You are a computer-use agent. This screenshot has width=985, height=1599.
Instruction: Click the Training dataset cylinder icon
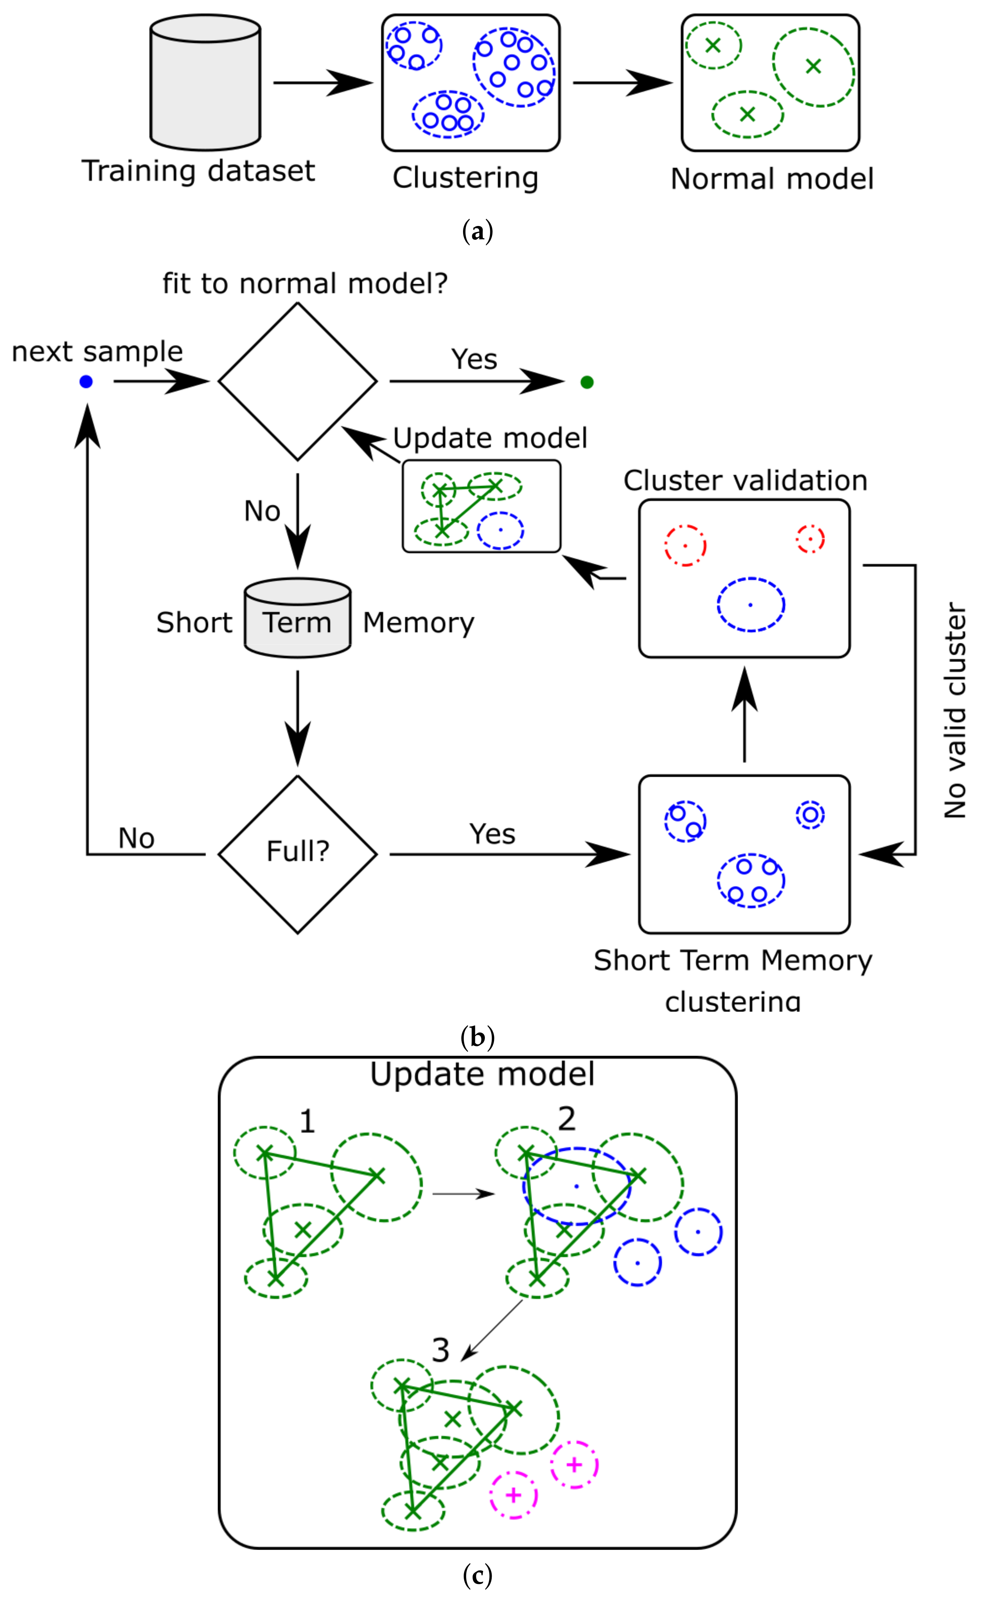tap(205, 83)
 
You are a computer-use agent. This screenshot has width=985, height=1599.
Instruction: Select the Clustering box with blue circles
tap(470, 83)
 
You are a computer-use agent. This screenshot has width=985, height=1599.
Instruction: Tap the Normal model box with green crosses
tap(770, 83)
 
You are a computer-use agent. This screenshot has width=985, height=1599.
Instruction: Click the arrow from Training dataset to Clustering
tap(322, 83)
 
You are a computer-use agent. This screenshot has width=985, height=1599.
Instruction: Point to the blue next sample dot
tap(86, 382)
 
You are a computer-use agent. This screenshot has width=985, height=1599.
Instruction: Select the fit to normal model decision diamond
tap(298, 382)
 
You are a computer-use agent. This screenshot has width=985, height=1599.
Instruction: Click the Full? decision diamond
tap(298, 854)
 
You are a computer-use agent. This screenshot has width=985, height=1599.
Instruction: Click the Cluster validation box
tap(744, 578)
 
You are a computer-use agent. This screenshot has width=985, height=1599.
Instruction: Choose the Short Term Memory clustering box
tap(744, 854)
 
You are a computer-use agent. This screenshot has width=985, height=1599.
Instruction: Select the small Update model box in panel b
tap(481, 506)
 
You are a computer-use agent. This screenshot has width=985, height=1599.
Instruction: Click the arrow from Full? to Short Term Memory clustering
tap(508, 854)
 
